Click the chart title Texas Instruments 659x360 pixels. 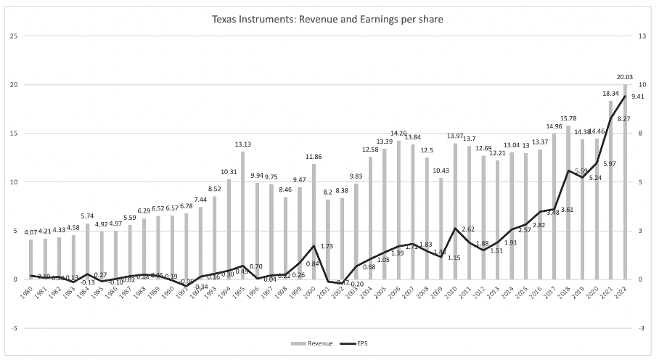click(x=329, y=20)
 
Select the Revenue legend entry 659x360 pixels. click(x=318, y=343)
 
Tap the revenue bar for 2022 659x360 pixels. click(x=626, y=181)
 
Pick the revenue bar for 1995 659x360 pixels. click(x=242, y=215)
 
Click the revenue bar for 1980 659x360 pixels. click(x=30, y=259)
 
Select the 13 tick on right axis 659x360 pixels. click(x=642, y=36)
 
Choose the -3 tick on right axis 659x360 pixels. click(x=642, y=328)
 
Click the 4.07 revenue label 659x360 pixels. click(x=30, y=232)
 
